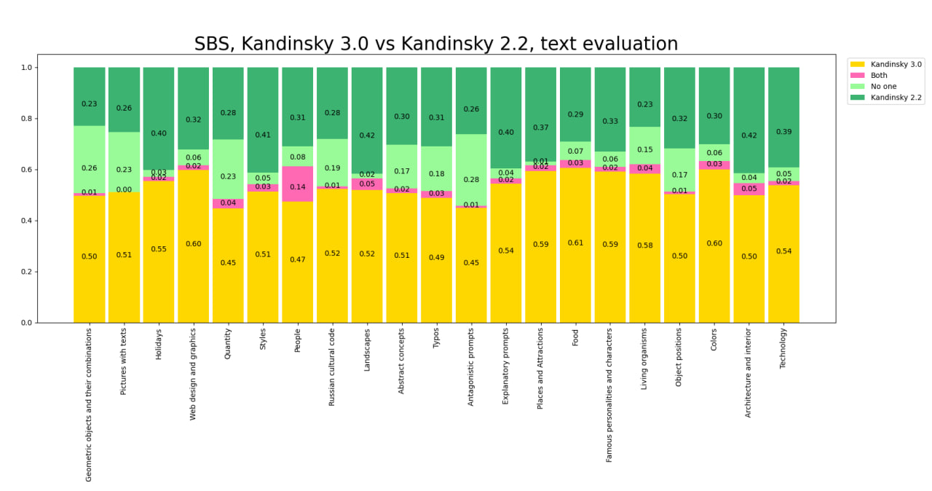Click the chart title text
pos(435,44)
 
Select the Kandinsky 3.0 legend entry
pos(896,64)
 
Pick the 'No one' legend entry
pos(883,86)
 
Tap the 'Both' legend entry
pos(879,75)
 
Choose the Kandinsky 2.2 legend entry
pos(896,97)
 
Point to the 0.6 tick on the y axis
pos(28,170)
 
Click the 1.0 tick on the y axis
pos(28,68)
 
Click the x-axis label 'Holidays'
pos(159,345)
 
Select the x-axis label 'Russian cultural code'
pos(332,366)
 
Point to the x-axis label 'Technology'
pos(783,348)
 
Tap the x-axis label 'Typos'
pos(436,339)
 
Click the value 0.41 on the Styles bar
pos(263,135)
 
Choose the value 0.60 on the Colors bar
pos(714,243)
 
